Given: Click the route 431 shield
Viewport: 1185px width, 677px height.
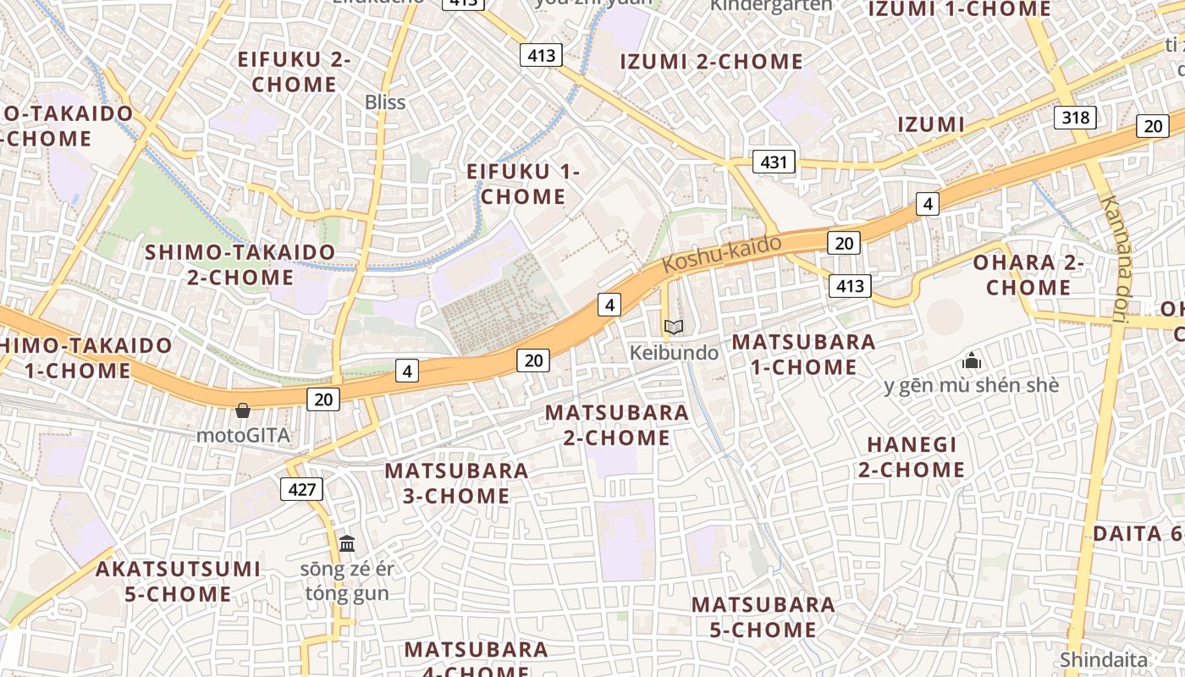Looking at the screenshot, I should [x=774, y=162].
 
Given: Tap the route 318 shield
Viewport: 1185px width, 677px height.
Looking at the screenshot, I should [x=1075, y=117].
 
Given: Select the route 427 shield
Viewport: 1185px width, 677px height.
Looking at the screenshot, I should [x=301, y=489].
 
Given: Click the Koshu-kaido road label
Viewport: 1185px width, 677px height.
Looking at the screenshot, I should [x=721, y=254].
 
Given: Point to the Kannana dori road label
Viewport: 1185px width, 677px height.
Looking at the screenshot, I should [x=1114, y=260].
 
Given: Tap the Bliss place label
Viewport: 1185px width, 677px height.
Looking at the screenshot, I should [x=385, y=102].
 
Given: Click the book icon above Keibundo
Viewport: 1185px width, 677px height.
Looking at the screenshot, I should [x=674, y=327].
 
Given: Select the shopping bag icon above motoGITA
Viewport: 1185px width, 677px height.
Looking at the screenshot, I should [x=243, y=411].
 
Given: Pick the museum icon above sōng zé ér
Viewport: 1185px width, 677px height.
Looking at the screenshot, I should [x=347, y=543].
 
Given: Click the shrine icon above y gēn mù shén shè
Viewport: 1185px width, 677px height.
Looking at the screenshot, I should [x=971, y=361].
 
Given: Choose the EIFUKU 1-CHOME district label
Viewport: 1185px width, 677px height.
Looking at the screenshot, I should [x=523, y=184].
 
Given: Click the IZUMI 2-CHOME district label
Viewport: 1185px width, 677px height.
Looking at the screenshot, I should [x=711, y=62].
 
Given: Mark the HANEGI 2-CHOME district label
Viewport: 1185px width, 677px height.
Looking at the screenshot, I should [x=912, y=457].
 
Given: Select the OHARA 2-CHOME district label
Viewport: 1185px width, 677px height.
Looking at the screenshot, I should [x=1028, y=275].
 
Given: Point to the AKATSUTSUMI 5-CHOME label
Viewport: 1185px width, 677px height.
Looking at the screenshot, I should [x=178, y=581].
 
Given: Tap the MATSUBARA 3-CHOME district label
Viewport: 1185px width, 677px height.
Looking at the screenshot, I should [x=456, y=483].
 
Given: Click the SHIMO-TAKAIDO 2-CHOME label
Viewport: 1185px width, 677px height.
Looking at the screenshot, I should [x=240, y=265].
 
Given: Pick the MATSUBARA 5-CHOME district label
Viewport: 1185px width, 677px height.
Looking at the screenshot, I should [x=763, y=618].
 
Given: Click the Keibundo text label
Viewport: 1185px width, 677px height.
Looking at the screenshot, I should [x=674, y=352].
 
